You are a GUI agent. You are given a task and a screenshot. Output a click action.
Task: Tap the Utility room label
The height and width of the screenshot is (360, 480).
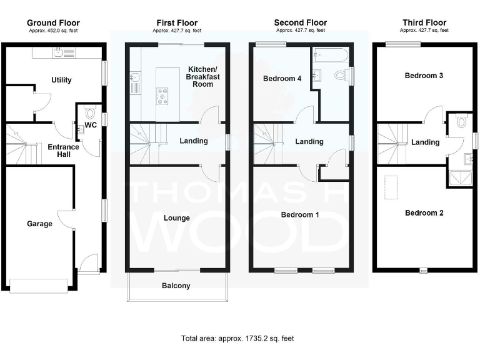62,80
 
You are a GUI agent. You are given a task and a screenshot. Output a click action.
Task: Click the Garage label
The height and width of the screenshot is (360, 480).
38,223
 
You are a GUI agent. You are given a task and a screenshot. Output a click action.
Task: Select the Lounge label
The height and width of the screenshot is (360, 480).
177,218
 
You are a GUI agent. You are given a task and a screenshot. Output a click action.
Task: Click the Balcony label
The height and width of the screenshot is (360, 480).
177,286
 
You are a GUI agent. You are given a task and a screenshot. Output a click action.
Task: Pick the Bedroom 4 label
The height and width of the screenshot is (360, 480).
278,79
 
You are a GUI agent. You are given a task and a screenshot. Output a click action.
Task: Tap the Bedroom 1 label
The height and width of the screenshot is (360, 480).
300,215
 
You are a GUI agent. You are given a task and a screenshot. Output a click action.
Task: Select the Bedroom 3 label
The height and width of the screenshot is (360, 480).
424,76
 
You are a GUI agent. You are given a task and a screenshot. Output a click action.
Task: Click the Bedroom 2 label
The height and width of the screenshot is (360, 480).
424,213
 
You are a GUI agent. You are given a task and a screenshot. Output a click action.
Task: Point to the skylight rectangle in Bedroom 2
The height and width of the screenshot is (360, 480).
392,187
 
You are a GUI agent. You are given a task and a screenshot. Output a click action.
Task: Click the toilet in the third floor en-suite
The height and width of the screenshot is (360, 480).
461,122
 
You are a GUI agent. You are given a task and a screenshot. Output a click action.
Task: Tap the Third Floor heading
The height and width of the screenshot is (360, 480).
424,23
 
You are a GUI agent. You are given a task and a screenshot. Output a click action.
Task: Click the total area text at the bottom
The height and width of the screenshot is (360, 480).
237,338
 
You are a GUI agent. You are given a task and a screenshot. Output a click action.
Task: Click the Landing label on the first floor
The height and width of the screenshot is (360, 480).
193,141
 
